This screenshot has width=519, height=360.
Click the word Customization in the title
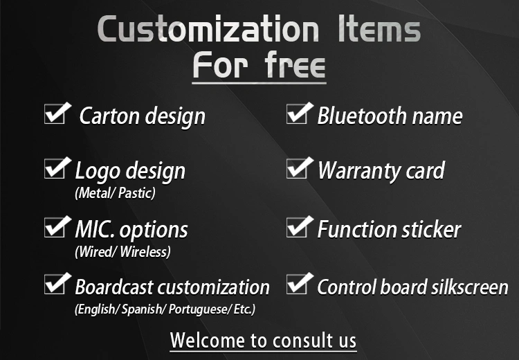point(208,29)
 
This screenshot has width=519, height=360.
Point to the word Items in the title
point(379,29)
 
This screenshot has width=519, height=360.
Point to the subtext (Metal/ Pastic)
point(115,193)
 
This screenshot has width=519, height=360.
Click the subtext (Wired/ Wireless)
point(122,252)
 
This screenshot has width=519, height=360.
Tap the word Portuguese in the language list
point(198,309)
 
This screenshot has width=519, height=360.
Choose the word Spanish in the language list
point(142,309)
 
